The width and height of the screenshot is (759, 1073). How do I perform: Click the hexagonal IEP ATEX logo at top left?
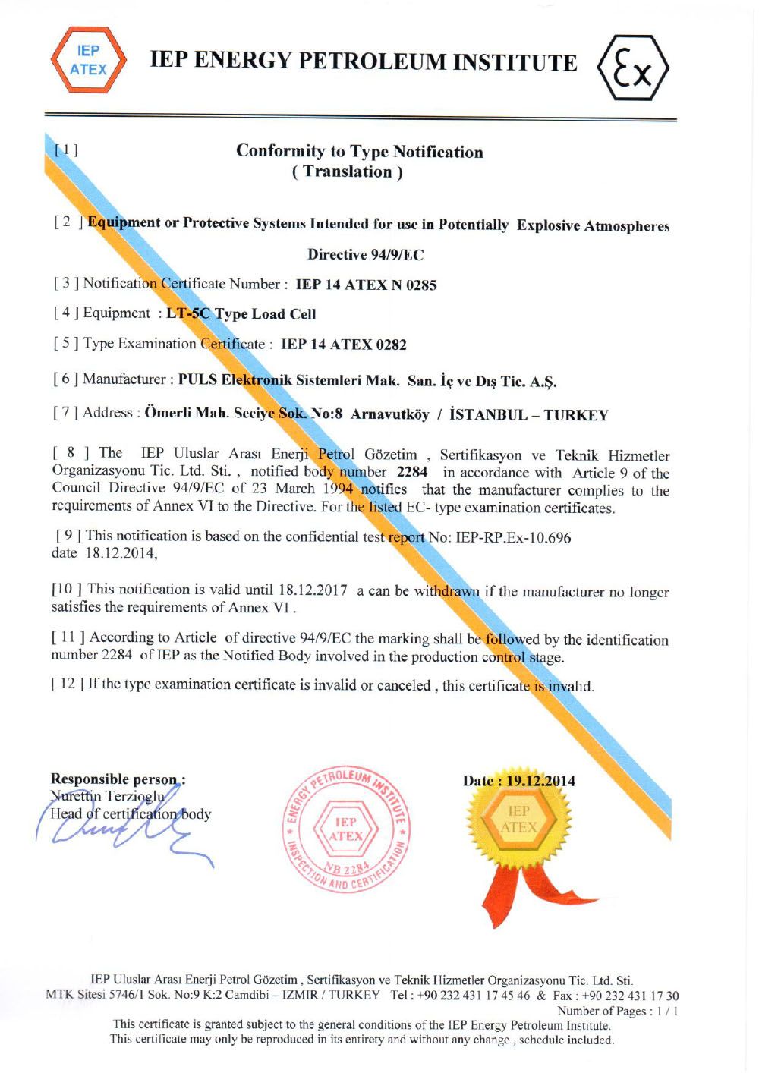tap(88, 61)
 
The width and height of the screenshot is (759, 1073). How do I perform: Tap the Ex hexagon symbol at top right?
tap(632, 68)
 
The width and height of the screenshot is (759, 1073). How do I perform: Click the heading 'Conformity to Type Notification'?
tap(359, 151)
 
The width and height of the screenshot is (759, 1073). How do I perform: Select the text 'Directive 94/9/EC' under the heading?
tap(365, 255)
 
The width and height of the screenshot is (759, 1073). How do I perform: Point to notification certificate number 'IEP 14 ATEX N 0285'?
tap(366, 285)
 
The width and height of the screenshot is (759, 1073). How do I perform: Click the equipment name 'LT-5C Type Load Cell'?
tap(241, 314)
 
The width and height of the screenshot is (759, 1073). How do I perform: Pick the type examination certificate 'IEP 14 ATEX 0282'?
tap(343, 345)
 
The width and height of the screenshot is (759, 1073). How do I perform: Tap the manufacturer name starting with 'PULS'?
tap(367, 381)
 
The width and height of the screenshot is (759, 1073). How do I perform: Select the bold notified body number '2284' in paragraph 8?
tap(412, 472)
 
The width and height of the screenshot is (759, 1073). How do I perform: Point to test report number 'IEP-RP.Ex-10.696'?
tap(513, 538)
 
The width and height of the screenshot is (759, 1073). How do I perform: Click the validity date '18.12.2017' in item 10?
tap(313, 590)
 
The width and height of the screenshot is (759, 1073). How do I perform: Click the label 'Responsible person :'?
tap(118, 779)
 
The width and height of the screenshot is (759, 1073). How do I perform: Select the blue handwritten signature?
tap(121, 831)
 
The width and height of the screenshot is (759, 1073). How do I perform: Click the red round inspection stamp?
tap(346, 830)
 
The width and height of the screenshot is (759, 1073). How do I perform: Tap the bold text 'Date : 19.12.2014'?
tap(519, 781)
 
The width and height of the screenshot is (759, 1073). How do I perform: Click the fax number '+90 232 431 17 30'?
tap(630, 996)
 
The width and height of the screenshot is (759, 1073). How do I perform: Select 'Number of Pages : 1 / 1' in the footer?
tap(618, 1011)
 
